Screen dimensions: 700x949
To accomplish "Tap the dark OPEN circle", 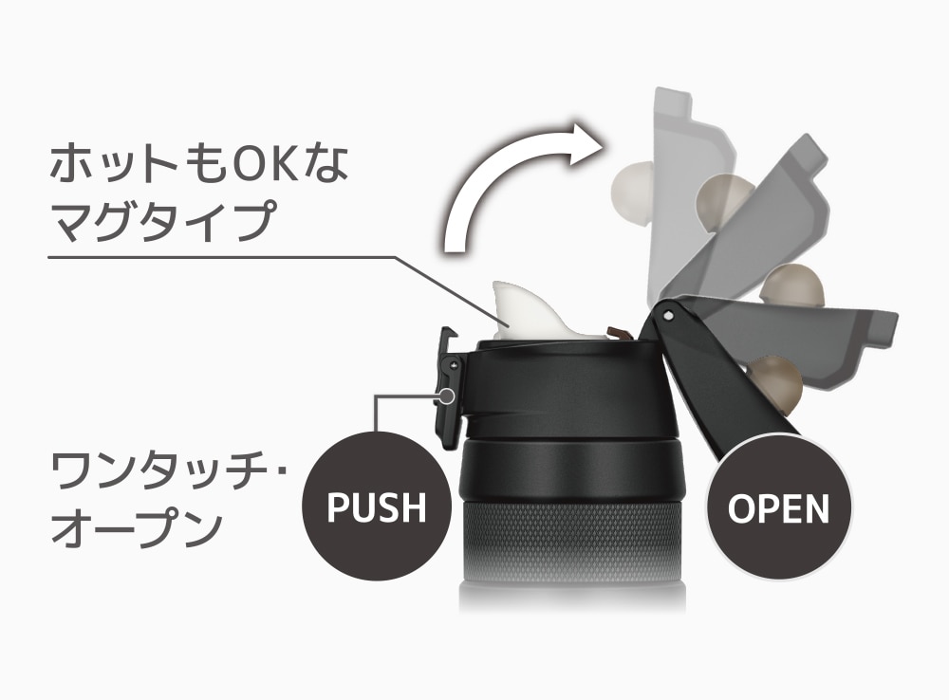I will pos(778,507).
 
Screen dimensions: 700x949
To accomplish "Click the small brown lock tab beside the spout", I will pos(619,333).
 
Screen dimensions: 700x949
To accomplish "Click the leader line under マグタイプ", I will pos(237,256).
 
